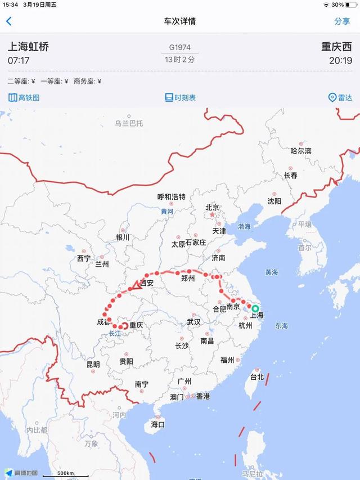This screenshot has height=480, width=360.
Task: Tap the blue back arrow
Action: pyautogui.click(x=8, y=21)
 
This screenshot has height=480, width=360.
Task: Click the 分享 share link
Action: pyautogui.click(x=342, y=21)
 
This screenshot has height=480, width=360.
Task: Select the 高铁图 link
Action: pyautogui.click(x=24, y=97)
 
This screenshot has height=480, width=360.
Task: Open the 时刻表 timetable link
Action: pyautogui.click(x=180, y=97)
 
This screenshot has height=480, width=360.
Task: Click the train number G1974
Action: pyautogui.click(x=180, y=48)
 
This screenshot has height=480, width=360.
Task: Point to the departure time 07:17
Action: pyautogui.click(x=19, y=60)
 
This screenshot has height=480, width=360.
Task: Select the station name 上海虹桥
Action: pyautogui.click(x=28, y=47)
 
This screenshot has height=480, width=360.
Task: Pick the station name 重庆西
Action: pyautogui.click(x=336, y=47)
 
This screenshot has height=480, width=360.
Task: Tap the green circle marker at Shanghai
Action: pyautogui.click(x=255, y=308)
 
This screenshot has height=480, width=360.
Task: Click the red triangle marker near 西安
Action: pyautogui.click(x=136, y=285)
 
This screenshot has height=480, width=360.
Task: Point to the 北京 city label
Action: pyautogui.click(x=212, y=207)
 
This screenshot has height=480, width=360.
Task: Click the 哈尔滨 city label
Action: pyautogui.click(x=300, y=151)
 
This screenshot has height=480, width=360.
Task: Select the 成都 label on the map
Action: pyautogui.click(x=104, y=322)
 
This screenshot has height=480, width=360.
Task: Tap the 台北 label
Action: pyautogui.click(x=256, y=377)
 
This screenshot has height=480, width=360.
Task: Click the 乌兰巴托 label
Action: pyautogui.click(x=129, y=123)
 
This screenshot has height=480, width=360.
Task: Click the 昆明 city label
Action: pyautogui.click(x=93, y=364)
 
